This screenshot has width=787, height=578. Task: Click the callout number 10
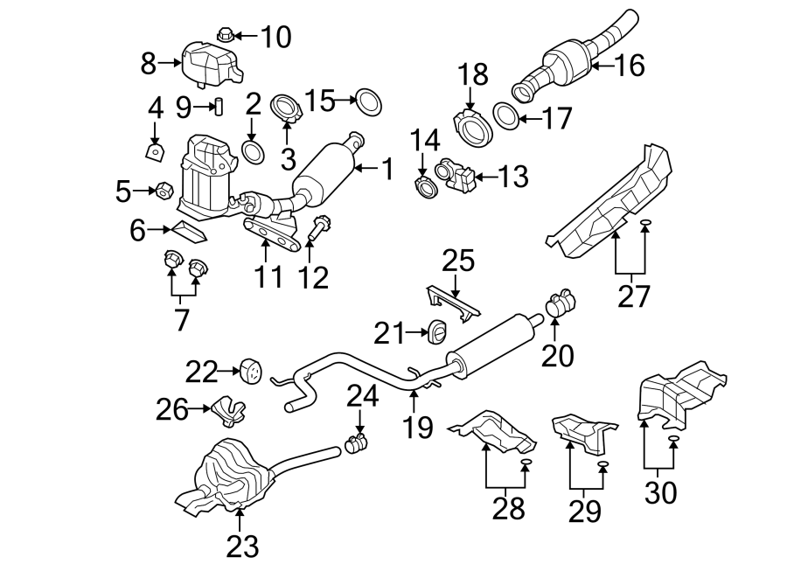tap(275, 37)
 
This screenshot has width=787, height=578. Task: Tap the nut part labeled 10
tap(222, 36)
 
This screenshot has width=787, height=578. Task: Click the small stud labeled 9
tap(219, 108)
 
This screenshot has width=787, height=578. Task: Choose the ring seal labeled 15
tap(370, 102)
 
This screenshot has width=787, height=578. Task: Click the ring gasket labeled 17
tap(505, 115)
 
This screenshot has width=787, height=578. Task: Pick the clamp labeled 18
tap(474, 128)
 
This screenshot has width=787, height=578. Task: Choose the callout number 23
tap(243, 547)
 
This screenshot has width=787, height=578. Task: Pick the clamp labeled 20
tap(557, 303)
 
